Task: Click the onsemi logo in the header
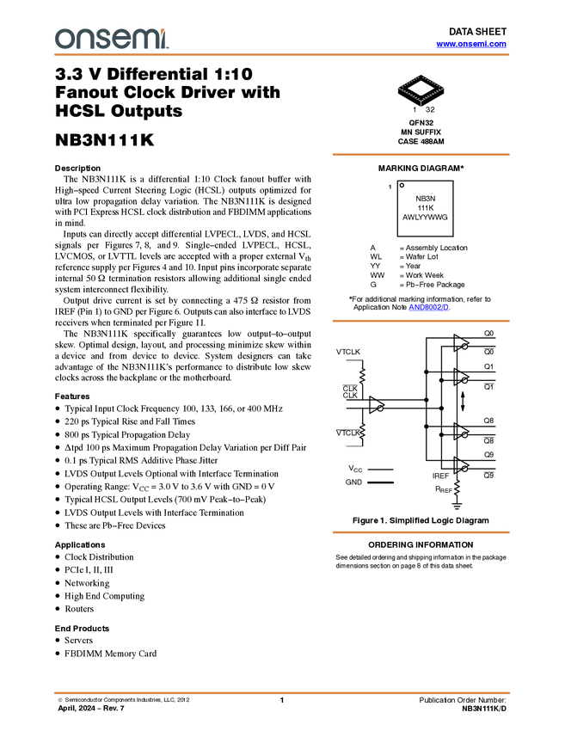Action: click(x=111, y=39)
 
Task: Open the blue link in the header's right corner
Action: click(x=471, y=44)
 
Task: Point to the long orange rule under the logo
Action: click(x=282, y=55)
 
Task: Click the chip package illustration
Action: click(x=421, y=89)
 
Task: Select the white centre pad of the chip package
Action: click(x=421, y=87)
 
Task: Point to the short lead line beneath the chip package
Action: click(x=421, y=104)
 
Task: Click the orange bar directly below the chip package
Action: click(x=421, y=155)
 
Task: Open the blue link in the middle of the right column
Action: click(x=429, y=308)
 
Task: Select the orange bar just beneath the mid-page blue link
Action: click(x=421, y=321)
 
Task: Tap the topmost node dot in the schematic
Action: click(x=464, y=346)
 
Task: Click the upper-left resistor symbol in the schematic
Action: click(x=363, y=376)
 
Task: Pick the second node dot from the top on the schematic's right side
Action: click(x=464, y=380)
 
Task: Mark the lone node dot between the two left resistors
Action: click(x=380, y=408)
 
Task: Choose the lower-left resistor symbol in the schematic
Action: click(x=363, y=431)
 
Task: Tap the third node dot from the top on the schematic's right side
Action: click(x=464, y=435)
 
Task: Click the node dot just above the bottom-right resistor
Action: click(x=464, y=469)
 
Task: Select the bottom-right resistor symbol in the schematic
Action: click(x=457, y=488)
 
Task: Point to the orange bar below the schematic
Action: click(x=421, y=532)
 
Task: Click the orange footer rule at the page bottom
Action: click(x=282, y=692)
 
